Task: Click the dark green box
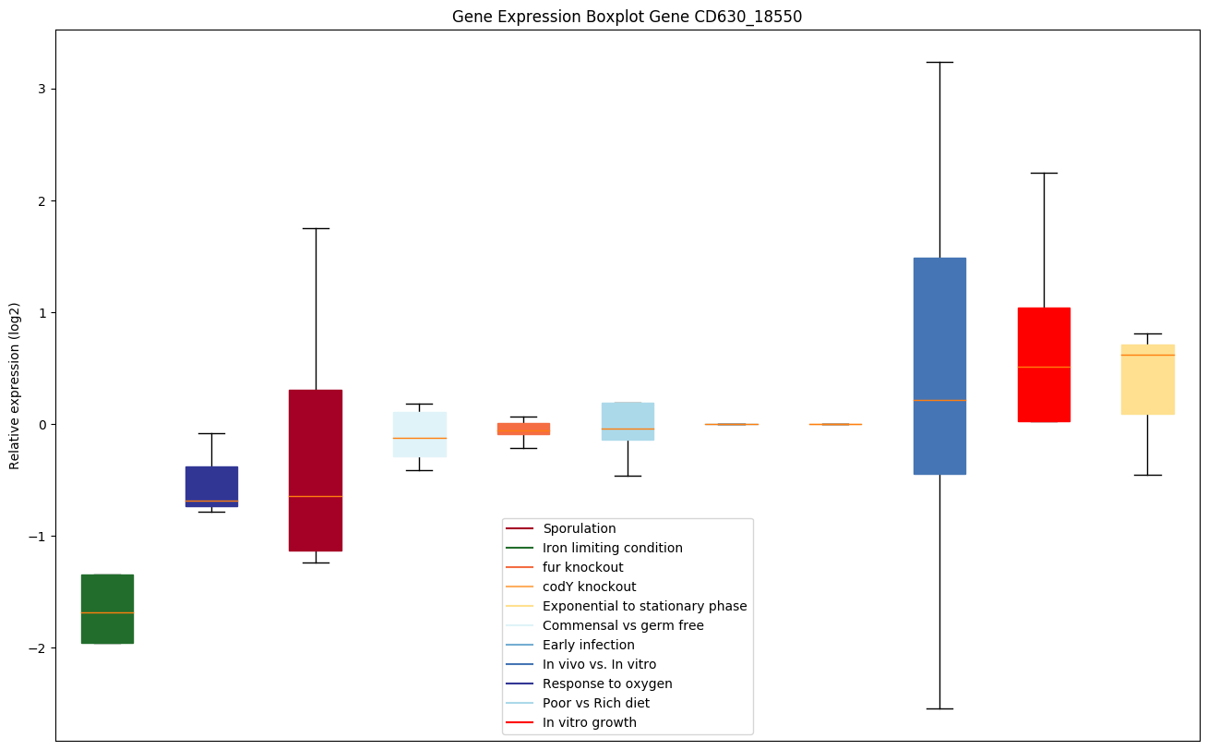pyautogui.click(x=107, y=609)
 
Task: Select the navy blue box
pyautogui.click(x=211, y=486)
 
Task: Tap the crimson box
pyautogui.click(x=316, y=470)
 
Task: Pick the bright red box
pyautogui.click(x=1044, y=365)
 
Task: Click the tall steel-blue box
pyautogui.click(x=939, y=366)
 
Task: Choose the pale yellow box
pyautogui.click(x=1147, y=380)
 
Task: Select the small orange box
pyautogui.click(x=523, y=429)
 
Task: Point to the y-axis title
pyautogui.click(x=15, y=385)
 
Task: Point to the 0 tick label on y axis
pyautogui.click(x=42, y=425)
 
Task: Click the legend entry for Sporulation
pyautogui.click(x=579, y=528)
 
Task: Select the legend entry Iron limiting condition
pyautogui.click(x=612, y=548)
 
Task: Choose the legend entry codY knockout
pyautogui.click(x=589, y=587)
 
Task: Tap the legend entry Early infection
pyautogui.click(x=588, y=645)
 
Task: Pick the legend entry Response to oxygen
pyautogui.click(x=606, y=683)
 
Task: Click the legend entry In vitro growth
pyautogui.click(x=589, y=722)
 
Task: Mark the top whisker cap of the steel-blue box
pyautogui.click(x=939, y=62)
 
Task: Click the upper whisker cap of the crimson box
pyautogui.click(x=316, y=228)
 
